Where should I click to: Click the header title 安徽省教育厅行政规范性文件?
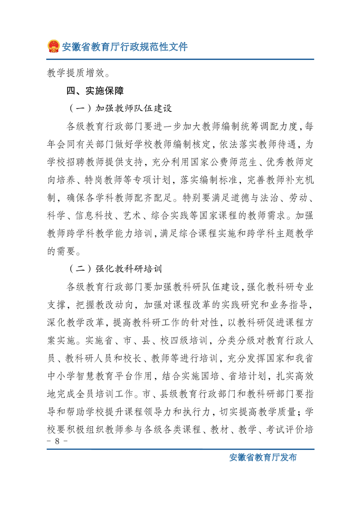pos(124,47)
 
